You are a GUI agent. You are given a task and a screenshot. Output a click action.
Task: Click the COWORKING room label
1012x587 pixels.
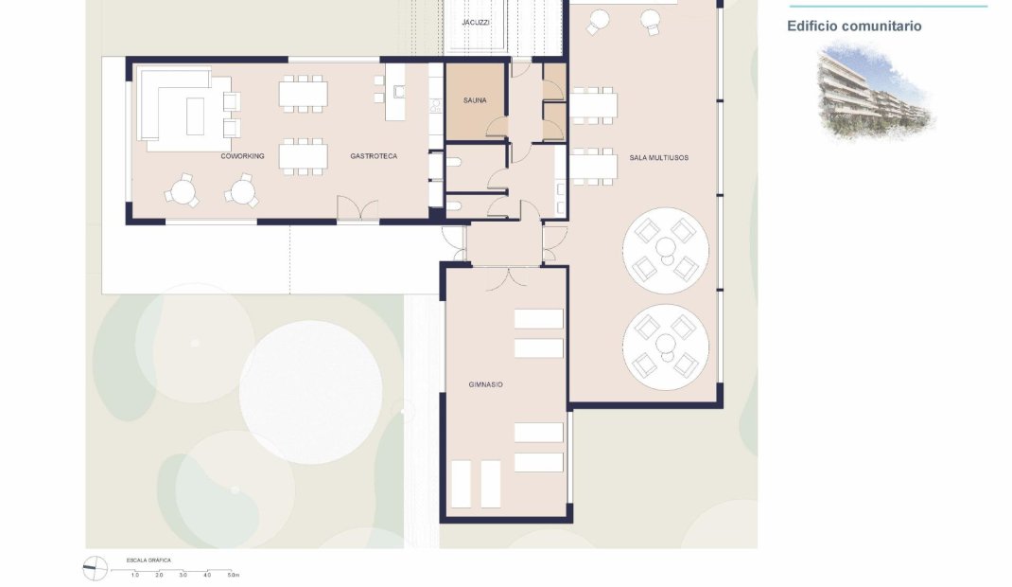click(243, 156)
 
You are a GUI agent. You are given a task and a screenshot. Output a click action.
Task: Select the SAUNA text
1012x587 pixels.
click(475, 100)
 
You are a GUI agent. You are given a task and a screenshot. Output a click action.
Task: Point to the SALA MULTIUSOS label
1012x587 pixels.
click(659, 157)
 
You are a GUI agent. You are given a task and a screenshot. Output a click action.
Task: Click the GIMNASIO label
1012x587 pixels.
click(485, 384)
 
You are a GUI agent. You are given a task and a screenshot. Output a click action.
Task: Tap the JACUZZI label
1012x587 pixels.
click(476, 22)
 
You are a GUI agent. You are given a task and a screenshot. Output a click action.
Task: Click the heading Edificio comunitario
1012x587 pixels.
click(854, 27)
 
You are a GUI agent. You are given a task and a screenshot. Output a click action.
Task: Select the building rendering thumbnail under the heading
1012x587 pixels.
click(875, 92)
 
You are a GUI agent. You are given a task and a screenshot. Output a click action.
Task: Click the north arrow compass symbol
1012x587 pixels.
click(96, 568)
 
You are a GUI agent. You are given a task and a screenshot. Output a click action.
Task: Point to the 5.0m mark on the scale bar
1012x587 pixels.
click(234, 575)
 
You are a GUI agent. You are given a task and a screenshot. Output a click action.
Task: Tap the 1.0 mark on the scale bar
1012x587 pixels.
click(135, 575)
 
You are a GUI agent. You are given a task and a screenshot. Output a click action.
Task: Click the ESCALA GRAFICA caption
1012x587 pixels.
click(148, 560)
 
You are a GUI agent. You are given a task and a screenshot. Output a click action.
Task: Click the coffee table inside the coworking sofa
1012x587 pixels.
click(196, 114)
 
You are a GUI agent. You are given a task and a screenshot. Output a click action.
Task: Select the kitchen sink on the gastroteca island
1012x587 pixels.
click(398, 92)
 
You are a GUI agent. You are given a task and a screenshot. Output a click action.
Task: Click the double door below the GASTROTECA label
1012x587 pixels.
click(358, 210)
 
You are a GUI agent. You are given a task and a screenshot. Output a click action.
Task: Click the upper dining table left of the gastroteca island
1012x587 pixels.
click(303, 94)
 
